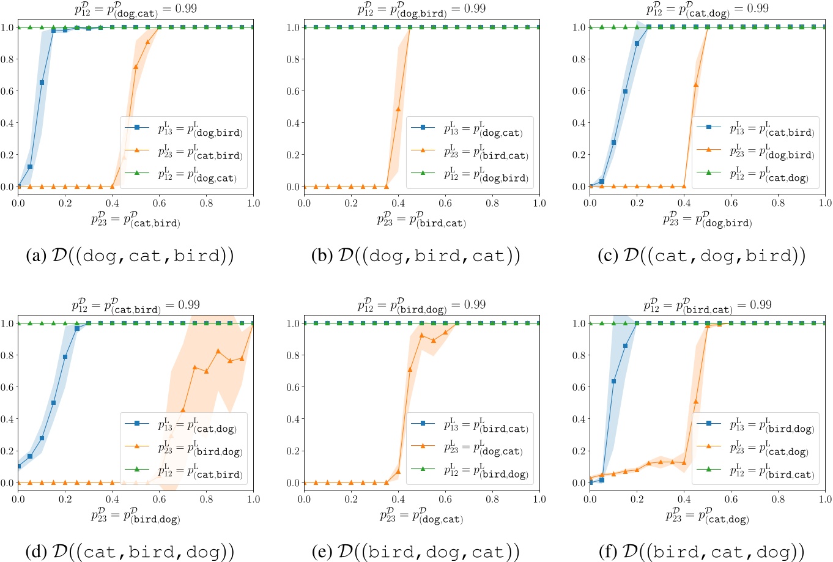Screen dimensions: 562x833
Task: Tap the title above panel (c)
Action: (708, 9)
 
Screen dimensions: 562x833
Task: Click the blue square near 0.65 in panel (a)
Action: (42, 83)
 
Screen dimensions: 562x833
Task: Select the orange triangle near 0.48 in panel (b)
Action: (398, 109)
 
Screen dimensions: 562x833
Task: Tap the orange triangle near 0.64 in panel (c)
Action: (695, 84)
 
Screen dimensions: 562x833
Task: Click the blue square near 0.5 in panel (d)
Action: (53, 402)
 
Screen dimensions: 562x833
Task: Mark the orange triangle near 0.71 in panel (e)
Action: (410, 369)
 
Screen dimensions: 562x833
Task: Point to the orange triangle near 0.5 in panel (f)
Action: (695, 402)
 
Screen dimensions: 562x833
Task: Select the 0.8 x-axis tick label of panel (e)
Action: (492, 499)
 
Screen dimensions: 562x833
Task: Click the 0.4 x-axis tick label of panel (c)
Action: (684, 203)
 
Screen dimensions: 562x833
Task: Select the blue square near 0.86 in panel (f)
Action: (625, 346)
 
